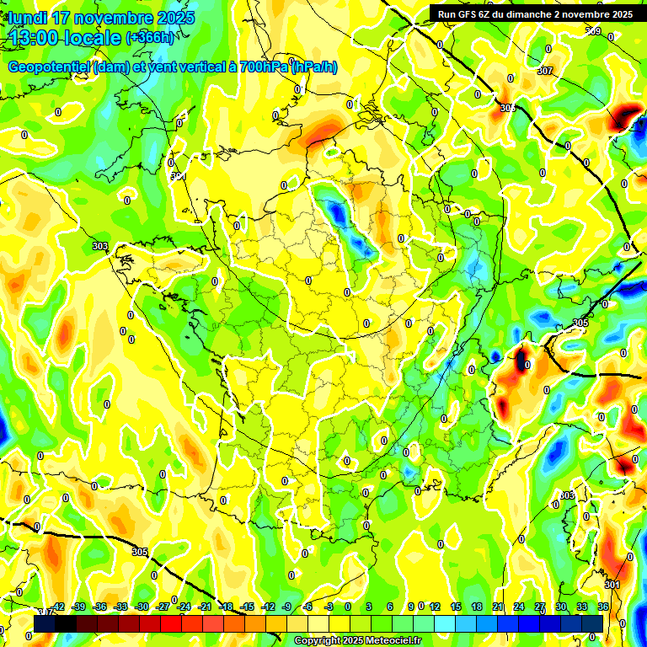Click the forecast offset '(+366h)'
point(150,37)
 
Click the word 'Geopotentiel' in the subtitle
point(47,67)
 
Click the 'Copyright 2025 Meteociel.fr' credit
point(357,641)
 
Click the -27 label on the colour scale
point(162,607)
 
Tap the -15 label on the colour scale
point(246,607)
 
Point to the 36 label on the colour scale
point(603,607)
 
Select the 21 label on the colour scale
point(498,607)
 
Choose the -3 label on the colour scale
point(329,607)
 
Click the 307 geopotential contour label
point(544,71)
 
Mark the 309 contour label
point(593,32)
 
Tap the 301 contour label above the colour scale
point(612,585)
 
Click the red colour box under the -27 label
point(171,623)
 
